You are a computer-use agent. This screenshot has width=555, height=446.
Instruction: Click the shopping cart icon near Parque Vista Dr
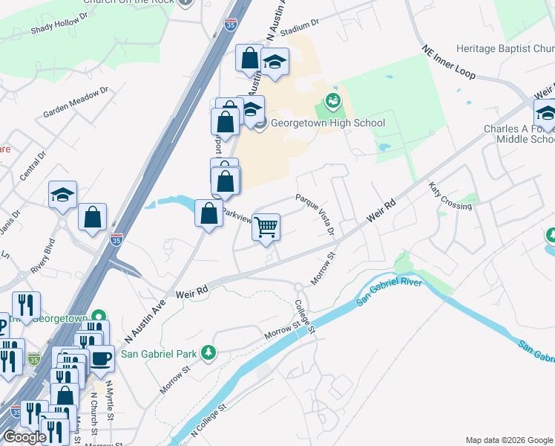266,227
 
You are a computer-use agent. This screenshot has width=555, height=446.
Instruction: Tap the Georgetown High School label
327,123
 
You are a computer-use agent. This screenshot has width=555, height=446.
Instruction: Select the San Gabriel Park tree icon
209,352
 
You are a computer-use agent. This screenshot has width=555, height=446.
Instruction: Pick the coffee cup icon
101,358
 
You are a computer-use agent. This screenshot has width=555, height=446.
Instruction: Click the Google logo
24,437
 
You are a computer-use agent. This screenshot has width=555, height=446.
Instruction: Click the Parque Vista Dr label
316,215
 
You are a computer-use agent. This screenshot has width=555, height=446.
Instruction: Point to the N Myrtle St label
109,398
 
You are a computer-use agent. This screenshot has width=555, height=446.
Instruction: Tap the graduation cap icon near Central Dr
63,195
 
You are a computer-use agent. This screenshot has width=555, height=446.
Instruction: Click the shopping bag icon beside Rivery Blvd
93,217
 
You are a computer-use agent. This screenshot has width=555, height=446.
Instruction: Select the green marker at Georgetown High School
332,99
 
